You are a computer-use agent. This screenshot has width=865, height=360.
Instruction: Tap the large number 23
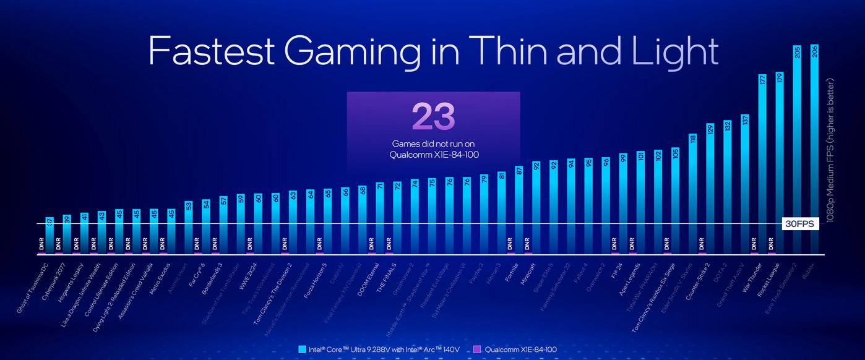tap(433, 116)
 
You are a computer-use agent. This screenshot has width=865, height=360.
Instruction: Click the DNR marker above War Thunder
tap(754, 242)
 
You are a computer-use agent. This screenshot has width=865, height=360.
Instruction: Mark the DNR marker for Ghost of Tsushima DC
tap(41, 242)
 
